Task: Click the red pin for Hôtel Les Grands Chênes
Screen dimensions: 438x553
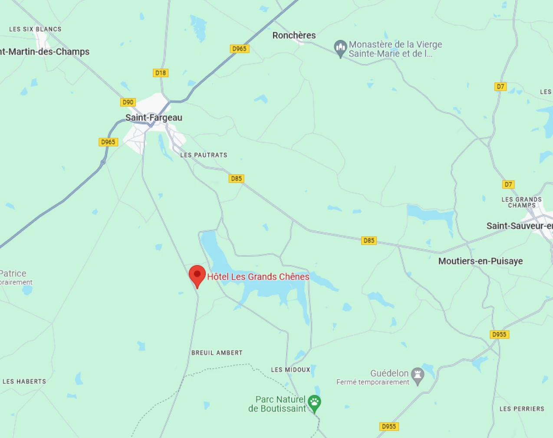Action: point(197,275)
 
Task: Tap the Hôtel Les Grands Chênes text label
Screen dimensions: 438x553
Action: point(258,277)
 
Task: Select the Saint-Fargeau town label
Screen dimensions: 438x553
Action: point(154,118)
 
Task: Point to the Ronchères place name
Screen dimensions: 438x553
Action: point(294,36)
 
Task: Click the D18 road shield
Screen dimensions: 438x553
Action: point(161,73)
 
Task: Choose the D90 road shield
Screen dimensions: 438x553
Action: point(128,102)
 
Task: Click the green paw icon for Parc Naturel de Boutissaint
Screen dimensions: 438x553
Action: point(314,403)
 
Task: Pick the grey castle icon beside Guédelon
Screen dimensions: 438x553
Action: point(418,375)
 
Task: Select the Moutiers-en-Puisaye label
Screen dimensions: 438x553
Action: point(481,261)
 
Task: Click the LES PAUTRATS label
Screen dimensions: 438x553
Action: point(204,155)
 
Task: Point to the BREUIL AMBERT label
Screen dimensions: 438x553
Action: point(217,353)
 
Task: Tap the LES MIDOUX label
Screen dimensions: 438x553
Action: point(290,370)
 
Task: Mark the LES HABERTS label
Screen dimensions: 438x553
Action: point(24,382)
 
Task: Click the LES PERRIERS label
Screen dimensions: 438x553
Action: point(522,409)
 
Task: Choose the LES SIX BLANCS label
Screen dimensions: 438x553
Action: point(35,29)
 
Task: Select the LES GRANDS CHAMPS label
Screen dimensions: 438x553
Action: point(522,203)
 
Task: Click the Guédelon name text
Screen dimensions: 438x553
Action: point(389,373)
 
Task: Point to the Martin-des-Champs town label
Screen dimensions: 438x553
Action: point(45,52)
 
